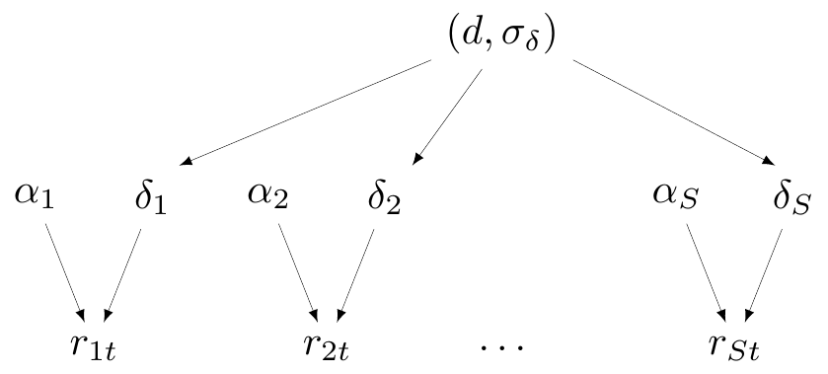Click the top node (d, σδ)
coord(501,36)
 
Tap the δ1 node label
coord(151,197)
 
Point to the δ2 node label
coord(385,197)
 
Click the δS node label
coord(791,197)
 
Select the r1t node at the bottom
coord(93,346)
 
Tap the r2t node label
coord(327,346)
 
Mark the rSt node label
coord(734,346)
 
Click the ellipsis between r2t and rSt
coord(501,347)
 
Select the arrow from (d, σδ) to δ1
coord(305,112)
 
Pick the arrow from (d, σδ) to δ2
coord(447,116)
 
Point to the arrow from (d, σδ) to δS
coord(674,112)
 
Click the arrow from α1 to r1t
coord(64,272)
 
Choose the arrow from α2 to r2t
coord(298,272)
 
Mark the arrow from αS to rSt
coord(706,272)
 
